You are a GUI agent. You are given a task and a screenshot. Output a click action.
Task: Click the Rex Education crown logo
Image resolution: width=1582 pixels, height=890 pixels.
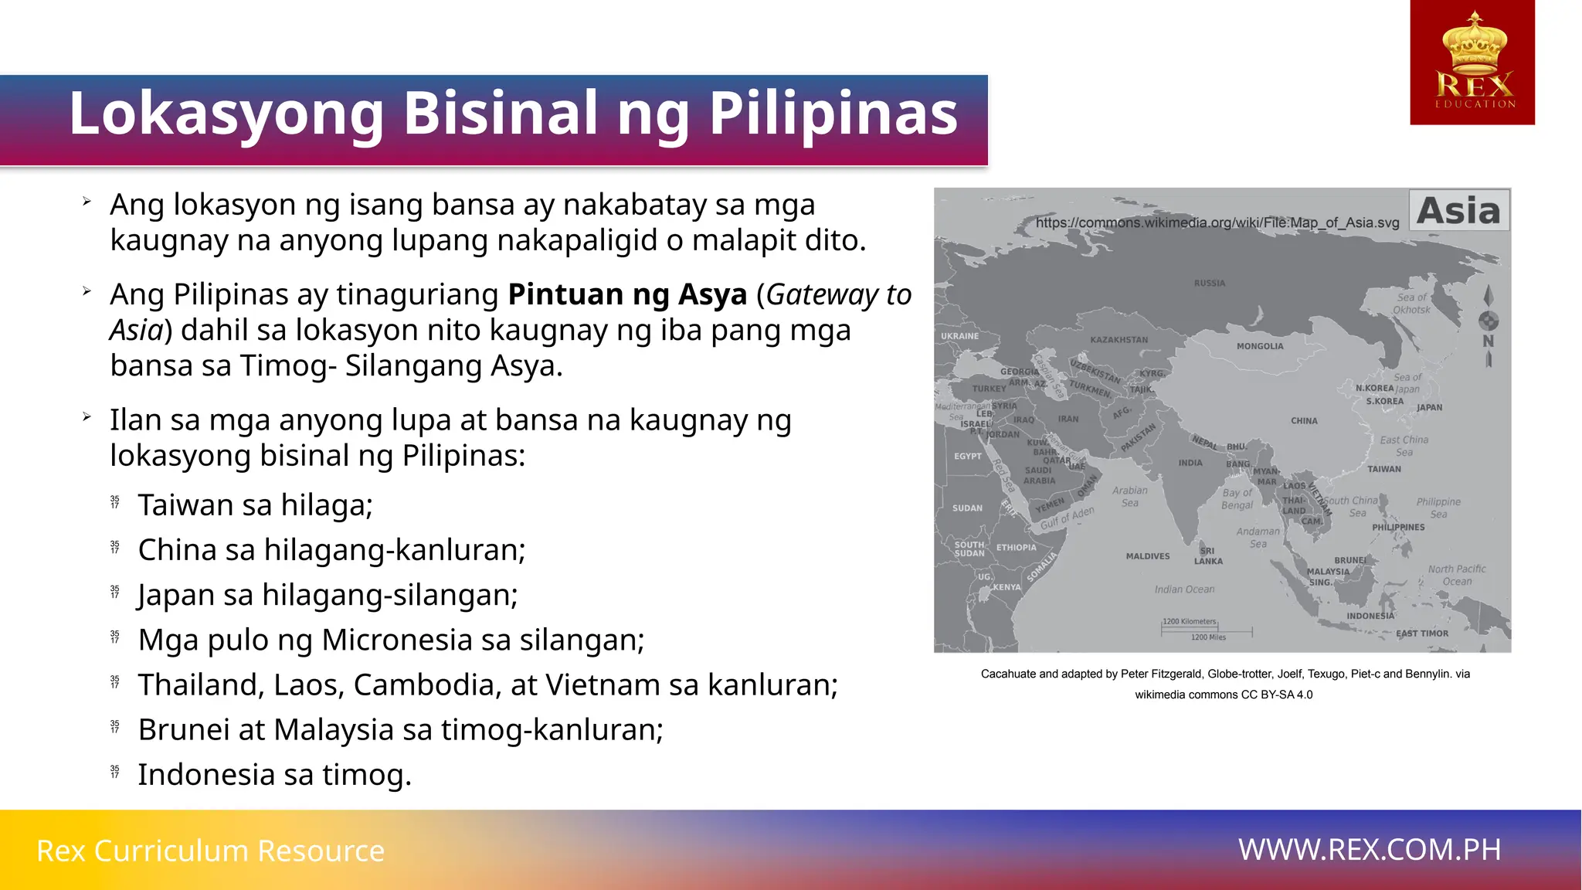(1472, 62)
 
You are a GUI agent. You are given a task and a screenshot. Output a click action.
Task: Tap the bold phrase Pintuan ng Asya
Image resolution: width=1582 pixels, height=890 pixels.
(627, 294)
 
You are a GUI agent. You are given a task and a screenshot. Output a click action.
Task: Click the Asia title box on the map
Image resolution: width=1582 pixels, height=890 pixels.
(1458, 210)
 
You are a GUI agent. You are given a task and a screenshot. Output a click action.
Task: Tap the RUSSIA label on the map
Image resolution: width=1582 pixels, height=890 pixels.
(1210, 283)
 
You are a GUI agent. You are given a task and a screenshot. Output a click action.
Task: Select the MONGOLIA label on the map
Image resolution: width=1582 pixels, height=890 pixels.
(1260, 346)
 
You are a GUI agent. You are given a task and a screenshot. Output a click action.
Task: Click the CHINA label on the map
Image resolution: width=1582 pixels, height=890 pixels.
(1304, 421)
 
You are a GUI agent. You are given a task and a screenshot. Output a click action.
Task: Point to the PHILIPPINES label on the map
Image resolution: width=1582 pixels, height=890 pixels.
(1398, 527)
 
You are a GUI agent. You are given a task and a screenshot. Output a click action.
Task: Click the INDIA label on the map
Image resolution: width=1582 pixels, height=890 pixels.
(1190, 463)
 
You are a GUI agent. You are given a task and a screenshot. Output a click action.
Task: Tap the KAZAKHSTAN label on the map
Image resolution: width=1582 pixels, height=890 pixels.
(1119, 340)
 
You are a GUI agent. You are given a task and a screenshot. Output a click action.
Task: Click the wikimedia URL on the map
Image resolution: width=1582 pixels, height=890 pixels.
(1217, 222)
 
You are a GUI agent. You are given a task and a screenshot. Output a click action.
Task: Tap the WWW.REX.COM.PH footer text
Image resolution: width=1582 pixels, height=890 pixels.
(1369, 850)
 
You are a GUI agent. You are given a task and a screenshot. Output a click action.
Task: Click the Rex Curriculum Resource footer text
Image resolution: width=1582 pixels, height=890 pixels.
(210, 851)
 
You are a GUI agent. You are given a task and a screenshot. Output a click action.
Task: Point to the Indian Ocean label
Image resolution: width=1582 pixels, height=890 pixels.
(1184, 589)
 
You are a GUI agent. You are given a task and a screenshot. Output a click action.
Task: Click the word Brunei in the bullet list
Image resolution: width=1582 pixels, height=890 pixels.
(184, 729)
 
